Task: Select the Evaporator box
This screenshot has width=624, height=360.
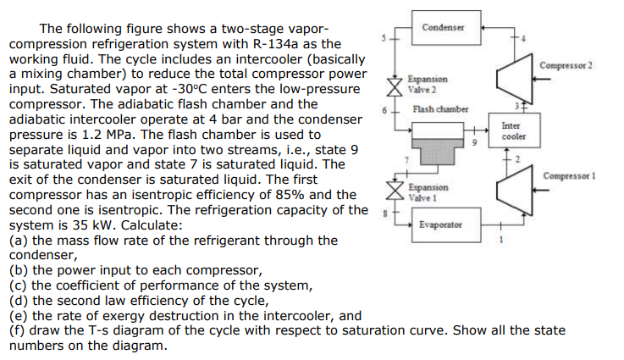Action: tap(440, 224)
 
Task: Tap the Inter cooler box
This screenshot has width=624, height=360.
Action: tap(514, 131)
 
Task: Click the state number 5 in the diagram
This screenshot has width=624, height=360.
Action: tap(384, 38)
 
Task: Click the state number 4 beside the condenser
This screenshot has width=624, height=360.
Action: tap(522, 37)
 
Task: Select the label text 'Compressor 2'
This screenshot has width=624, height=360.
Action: tap(566, 65)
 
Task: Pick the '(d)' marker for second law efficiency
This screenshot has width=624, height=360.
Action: tap(16, 301)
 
